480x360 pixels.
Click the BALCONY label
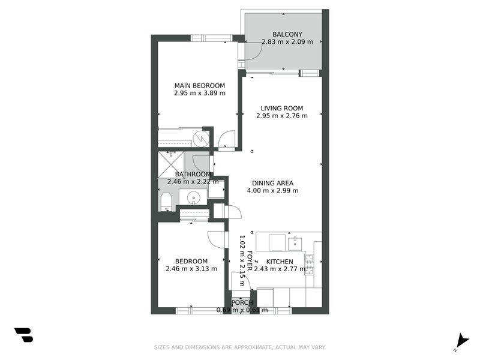[x=287, y=34]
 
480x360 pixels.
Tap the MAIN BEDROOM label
[x=199, y=85]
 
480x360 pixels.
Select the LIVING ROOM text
[x=281, y=109]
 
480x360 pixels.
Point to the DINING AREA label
[x=272, y=183]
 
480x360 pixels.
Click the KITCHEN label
[x=280, y=262]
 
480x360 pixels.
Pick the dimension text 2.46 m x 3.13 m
[x=191, y=269]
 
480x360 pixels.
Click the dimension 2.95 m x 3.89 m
[x=199, y=93]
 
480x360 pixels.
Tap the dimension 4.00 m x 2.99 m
[x=272, y=191]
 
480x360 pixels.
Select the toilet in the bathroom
[x=166, y=200]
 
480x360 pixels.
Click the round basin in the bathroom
[x=194, y=197]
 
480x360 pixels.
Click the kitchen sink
[x=294, y=242]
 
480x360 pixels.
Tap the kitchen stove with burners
[x=310, y=264]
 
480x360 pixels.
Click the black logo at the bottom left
[x=23, y=335]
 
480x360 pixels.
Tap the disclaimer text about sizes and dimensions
[x=239, y=347]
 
